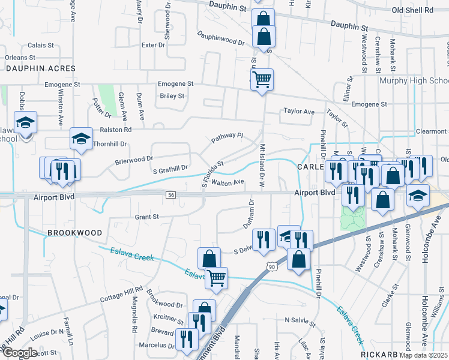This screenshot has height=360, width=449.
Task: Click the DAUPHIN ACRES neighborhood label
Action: tap(41, 68)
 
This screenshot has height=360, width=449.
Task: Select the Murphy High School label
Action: tap(414, 80)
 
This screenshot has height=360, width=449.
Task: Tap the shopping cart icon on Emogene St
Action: tap(262, 79)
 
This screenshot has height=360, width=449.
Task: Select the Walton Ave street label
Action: tap(227, 182)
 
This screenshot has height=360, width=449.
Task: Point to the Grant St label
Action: tap(146, 217)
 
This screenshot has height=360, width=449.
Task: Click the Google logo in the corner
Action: tap(20, 352)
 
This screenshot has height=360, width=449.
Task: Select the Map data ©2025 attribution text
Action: tap(424, 355)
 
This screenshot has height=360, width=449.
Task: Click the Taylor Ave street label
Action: tap(299, 112)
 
